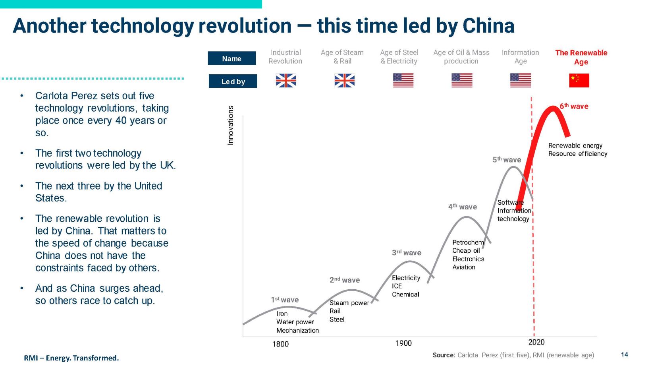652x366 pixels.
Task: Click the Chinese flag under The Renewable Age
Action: (x=579, y=80)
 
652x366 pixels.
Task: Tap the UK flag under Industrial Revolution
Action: (x=286, y=81)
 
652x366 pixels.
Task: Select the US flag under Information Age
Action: (x=521, y=80)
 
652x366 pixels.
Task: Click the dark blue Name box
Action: (x=232, y=58)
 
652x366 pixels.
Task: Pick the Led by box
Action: (x=233, y=81)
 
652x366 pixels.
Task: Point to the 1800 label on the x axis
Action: (x=280, y=344)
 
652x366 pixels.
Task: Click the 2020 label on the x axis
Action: (x=536, y=342)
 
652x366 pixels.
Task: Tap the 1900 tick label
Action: (x=403, y=343)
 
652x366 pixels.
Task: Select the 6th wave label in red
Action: (x=574, y=106)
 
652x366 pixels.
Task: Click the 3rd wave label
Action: (x=406, y=253)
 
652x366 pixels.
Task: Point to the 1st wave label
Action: (x=285, y=300)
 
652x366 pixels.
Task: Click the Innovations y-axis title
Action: (x=230, y=125)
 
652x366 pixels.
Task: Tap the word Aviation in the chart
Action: (x=463, y=267)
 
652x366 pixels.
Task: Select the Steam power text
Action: (x=349, y=303)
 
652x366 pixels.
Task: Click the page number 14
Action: (x=625, y=354)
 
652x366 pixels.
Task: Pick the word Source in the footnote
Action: (x=443, y=355)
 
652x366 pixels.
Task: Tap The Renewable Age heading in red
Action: (x=581, y=57)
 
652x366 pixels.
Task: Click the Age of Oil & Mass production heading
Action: (x=461, y=57)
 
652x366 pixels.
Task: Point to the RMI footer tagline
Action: (x=71, y=358)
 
